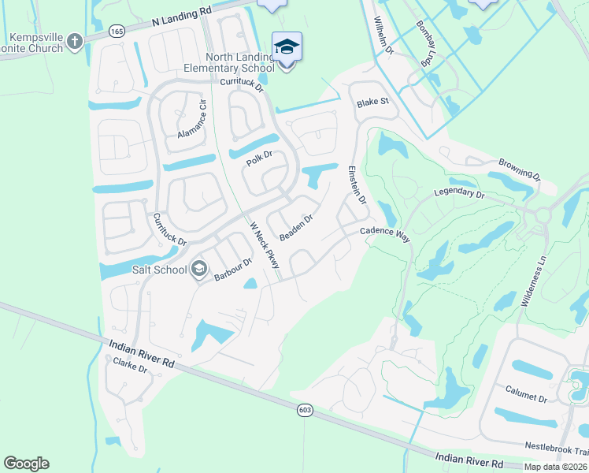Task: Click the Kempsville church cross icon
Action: (x=75, y=42)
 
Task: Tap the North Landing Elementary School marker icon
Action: (x=287, y=47)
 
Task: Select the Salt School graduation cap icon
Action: (x=199, y=270)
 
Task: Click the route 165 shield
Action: (x=117, y=32)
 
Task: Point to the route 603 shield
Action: (x=306, y=410)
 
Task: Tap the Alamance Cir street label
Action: (x=191, y=119)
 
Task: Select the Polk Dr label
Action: (x=258, y=158)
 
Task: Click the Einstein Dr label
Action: (x=357, y=185)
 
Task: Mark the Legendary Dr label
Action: (x=460, y=192)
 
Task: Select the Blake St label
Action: (x=372, y=102)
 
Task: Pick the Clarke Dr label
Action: (x=130, y=366)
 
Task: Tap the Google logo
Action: (x=26, y=464)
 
